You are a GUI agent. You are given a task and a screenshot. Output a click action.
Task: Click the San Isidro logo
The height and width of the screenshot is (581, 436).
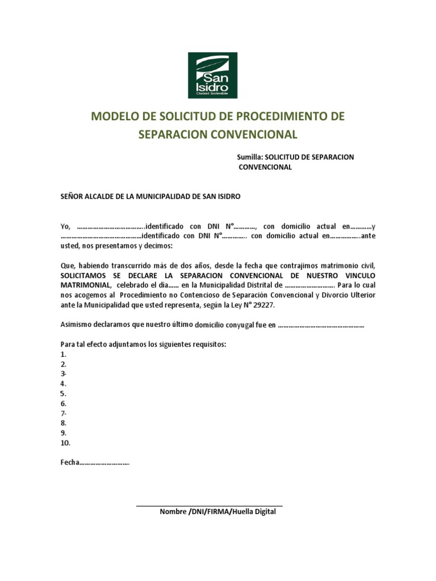click(x=212, y=75)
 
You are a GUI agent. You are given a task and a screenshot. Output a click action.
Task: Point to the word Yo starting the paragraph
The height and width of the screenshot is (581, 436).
click(x=65, y=226)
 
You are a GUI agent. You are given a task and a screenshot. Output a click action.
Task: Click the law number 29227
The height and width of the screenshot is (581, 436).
click(x=265, y=305)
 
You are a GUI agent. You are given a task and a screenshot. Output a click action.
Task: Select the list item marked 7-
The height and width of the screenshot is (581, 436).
click(x=64, y=414)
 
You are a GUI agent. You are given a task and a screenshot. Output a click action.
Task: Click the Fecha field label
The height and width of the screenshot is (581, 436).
click(x=69, y=462)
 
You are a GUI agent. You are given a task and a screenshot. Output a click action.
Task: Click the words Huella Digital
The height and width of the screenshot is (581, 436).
click(x=253, y=512)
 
